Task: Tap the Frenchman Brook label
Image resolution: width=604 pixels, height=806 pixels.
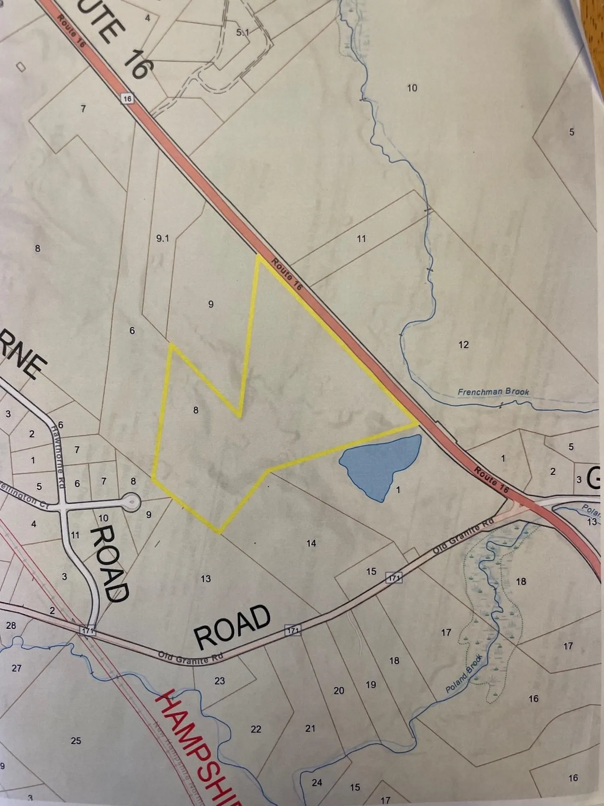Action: [x=493, y=392]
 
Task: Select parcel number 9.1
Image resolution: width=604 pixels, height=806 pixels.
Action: [x=162, y=238]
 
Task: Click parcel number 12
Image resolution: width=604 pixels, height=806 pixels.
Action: [x=463, y=345]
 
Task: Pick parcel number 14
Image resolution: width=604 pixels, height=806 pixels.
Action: [x=311, y=543]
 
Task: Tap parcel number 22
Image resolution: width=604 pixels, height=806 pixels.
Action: [x=256, y=729]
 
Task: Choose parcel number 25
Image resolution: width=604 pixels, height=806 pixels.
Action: [x=76, y=741]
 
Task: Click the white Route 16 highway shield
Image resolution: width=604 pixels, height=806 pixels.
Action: [x=128, y=99]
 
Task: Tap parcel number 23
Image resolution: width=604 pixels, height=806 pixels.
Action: [x=220, y=681]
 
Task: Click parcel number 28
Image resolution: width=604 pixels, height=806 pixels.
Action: [x=11, y=625]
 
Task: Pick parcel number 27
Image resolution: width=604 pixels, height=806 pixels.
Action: [x=16, y=668]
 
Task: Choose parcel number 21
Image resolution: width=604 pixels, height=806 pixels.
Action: [x=310, y=728]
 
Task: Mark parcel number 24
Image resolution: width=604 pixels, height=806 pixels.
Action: [x=317, y=782]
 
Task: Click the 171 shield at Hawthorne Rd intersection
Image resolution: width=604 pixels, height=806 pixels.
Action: [x=88, y=631]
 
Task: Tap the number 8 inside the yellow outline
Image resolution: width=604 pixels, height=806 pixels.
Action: [x=195, y=410]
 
